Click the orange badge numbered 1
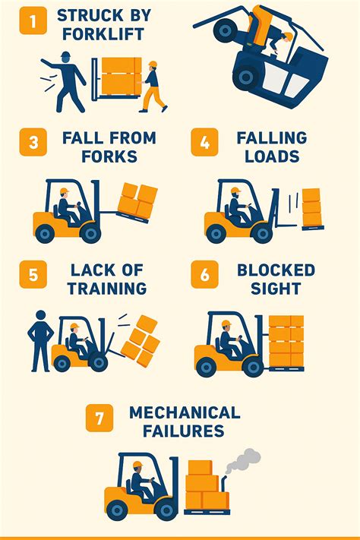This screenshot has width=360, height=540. [33, 21]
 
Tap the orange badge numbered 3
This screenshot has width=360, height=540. [33, 142]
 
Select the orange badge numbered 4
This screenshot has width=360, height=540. [204, 142]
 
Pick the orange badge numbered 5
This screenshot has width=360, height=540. [33, 274]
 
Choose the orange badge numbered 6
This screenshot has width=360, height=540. [204, 274]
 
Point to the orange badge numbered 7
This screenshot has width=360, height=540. [99, 418]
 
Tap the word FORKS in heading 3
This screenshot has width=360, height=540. [109, 156]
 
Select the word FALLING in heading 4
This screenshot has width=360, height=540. [272, 137]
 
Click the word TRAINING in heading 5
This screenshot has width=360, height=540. [107, 289]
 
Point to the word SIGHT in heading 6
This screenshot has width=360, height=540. [276, 289]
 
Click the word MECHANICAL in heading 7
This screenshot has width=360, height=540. [185, 412]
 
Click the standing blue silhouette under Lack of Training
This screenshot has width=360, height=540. [41, 341]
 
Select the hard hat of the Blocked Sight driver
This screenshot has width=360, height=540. [226, 324]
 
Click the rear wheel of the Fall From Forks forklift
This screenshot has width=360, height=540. [45, 233]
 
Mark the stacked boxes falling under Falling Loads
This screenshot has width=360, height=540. [312, 207]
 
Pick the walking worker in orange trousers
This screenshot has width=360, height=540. [153, 87]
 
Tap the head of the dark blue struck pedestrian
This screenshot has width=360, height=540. [65, 58]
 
